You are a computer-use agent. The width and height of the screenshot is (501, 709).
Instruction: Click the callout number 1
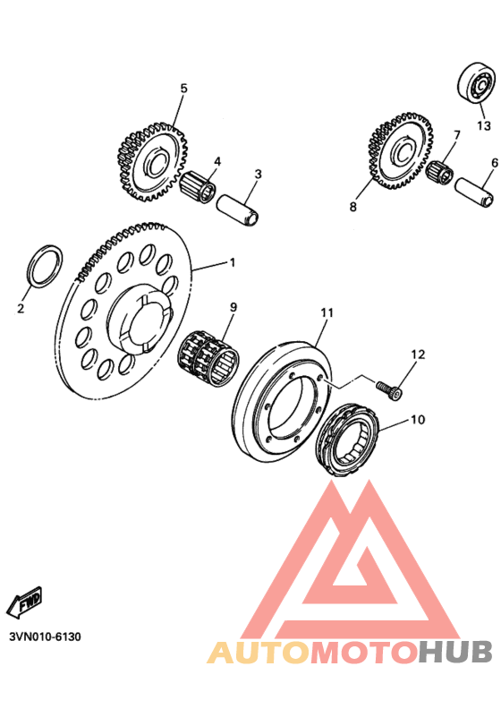[232, 263]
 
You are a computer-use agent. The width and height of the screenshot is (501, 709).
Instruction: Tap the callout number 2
[20, 309]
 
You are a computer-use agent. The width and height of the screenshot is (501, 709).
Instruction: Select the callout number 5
[183, 89]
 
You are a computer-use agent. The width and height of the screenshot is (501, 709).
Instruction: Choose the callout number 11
[327, 312]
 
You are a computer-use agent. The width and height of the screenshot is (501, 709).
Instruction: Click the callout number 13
[484, 124]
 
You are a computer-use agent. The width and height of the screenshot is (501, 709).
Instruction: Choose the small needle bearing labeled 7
[438, 171]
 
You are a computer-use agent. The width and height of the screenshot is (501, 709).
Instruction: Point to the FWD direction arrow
[25, 602]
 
